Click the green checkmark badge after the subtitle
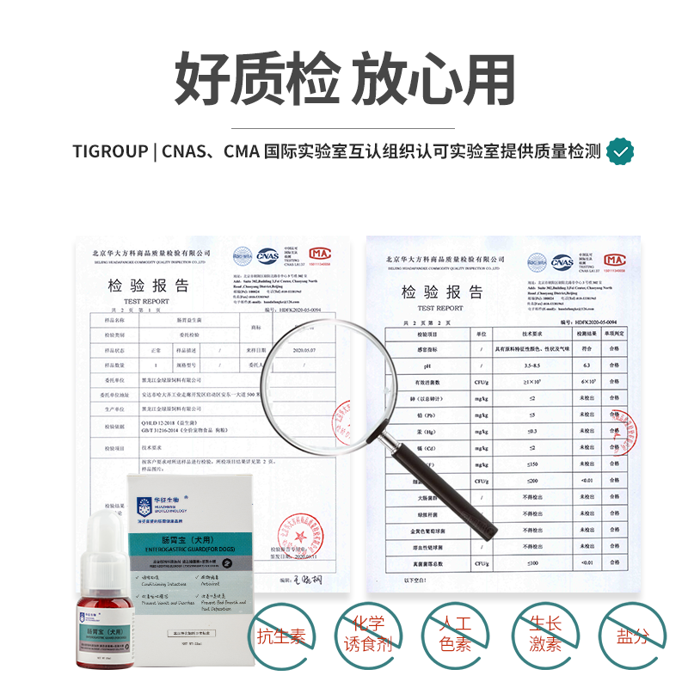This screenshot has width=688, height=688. [620, 152]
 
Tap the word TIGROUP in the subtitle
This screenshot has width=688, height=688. [109, 152]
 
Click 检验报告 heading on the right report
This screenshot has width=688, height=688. [441, 292]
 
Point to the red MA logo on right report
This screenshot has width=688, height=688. [614, 260]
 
